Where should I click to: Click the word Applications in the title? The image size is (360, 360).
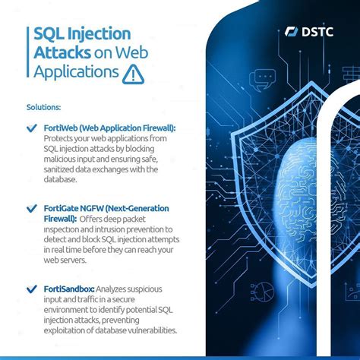coord(77,73)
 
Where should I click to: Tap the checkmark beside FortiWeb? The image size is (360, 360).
coord(31,130)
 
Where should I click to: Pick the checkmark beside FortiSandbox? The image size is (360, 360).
coord(31,289)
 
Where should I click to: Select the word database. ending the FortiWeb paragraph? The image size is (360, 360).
coord(60,180)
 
